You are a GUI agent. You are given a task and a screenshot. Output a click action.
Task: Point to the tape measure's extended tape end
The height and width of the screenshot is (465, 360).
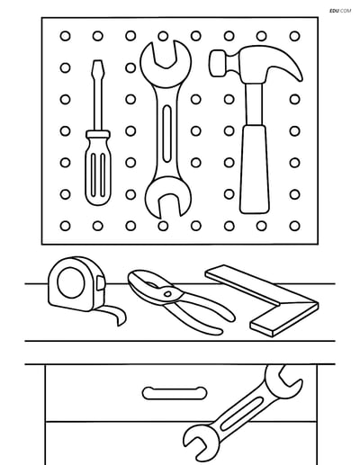pos(115,319)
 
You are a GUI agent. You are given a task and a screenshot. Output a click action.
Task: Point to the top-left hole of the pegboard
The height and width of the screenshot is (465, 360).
pos(65,35)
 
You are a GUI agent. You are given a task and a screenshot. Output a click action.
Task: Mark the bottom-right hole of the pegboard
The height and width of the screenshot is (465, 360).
pos(294,224)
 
